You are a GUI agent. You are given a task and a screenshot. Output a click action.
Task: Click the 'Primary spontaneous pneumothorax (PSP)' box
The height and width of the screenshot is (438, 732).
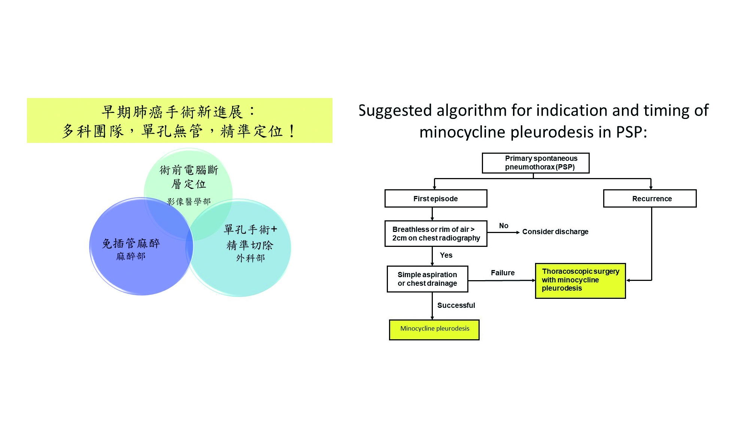[535, 163]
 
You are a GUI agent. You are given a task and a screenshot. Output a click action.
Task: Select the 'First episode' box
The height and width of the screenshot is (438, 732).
[435, 199]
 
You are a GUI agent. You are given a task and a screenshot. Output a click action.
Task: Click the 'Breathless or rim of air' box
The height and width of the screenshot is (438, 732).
[436, 234]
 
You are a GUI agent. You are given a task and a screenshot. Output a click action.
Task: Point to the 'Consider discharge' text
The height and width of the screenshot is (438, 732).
[555, 232]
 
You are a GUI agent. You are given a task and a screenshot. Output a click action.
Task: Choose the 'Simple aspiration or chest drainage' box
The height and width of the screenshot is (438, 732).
[427, 279]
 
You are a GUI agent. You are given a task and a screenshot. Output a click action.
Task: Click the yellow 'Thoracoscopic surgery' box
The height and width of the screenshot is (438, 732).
[580, 281]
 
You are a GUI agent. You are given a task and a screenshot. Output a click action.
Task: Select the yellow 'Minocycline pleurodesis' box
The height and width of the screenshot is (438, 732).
[434, 330]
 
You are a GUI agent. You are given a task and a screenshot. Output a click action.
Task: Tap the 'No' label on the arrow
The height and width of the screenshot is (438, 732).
[504, 226]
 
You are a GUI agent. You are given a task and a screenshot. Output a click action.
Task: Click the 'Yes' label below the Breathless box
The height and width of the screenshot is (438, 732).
[446, 255]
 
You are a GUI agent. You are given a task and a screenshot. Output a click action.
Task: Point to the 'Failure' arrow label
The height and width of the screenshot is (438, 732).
[502, 273]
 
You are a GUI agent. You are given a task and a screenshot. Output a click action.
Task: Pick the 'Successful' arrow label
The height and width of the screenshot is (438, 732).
[456, 306]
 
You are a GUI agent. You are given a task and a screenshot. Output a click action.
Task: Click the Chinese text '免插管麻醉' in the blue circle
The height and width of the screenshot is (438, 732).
[131, 244]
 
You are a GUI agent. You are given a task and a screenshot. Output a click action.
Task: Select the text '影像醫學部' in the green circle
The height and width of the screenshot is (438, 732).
[189, 202]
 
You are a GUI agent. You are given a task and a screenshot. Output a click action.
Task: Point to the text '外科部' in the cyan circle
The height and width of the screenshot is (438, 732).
[250, 258]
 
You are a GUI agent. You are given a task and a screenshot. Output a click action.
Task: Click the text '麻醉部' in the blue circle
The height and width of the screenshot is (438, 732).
[131, 257]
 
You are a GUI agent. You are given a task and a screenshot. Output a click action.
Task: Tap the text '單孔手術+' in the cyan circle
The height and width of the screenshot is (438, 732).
[250, 229]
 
